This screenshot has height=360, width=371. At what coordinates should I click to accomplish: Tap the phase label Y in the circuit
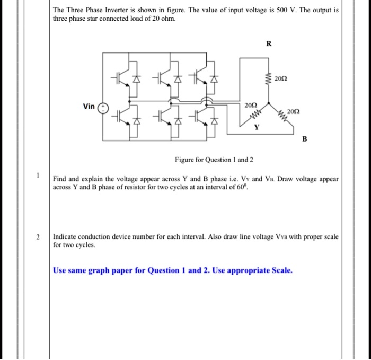tap(257, 127)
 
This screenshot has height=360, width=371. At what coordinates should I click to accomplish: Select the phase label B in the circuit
tap(304, 139)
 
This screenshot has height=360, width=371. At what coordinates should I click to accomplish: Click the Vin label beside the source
tap(89, 107)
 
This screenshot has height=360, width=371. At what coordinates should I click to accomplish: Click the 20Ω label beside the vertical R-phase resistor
tap(281, 79)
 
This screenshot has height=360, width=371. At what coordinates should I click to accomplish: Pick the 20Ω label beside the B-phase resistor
tap(293, 111)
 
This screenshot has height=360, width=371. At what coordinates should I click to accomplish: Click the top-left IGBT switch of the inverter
tap(119, 79)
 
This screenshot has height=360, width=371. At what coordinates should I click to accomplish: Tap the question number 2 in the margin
tap(38, 236)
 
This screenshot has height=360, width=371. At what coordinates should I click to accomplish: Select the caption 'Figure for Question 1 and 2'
tap(214, 160)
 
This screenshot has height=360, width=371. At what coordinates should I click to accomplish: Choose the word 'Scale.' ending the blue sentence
tap(279, 270)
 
